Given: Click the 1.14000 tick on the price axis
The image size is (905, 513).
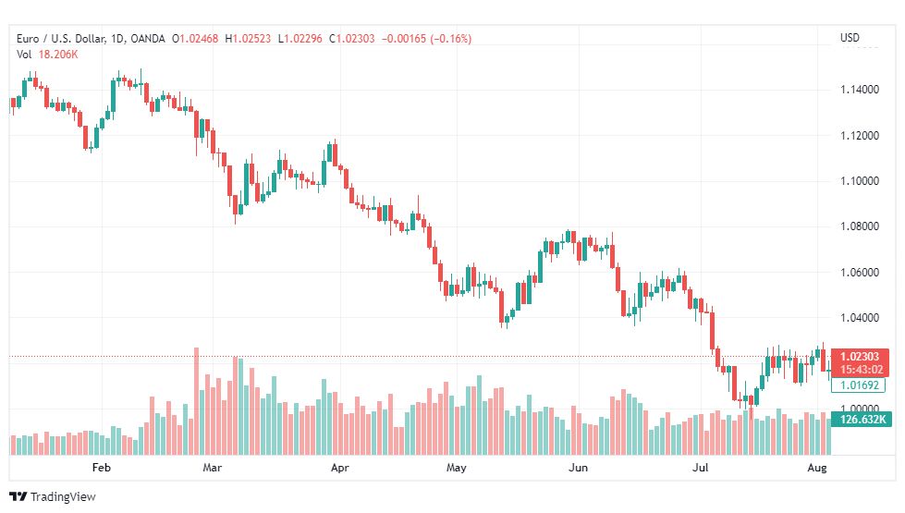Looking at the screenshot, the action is [x=860, y=90].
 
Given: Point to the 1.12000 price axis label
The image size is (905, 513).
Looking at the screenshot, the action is [x=860, y=136].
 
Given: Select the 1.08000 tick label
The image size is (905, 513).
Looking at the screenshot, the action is [x=860, y=226].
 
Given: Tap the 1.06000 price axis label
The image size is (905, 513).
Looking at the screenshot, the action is [x=860, y=273].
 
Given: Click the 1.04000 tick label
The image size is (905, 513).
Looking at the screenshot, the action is [x=860, y=317].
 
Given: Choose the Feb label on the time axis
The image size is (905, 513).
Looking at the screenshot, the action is [x=102, y=468].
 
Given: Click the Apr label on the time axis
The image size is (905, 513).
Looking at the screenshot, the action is [x=340, y=468].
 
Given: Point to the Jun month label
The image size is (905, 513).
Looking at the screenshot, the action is [x=579, y=468].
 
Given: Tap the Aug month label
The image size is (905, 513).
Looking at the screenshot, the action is [x=816, y=468].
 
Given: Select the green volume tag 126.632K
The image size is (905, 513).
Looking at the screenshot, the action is [x=862, y=419].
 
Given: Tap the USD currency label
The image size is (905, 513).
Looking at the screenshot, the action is [x=850, y=38].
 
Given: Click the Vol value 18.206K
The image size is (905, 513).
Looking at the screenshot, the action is [x=58, y=55].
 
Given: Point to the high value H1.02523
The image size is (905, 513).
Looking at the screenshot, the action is [x=248, y=39].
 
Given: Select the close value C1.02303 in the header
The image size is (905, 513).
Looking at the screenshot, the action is [x=351, y=39].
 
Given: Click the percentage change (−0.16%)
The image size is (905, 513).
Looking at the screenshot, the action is [x=451, y=39].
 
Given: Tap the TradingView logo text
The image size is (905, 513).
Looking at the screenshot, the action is [x=63, y=497].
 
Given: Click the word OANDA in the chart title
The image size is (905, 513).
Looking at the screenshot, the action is [x=148, y=39].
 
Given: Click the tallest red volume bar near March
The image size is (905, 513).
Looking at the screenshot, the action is [x=196, y=402].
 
